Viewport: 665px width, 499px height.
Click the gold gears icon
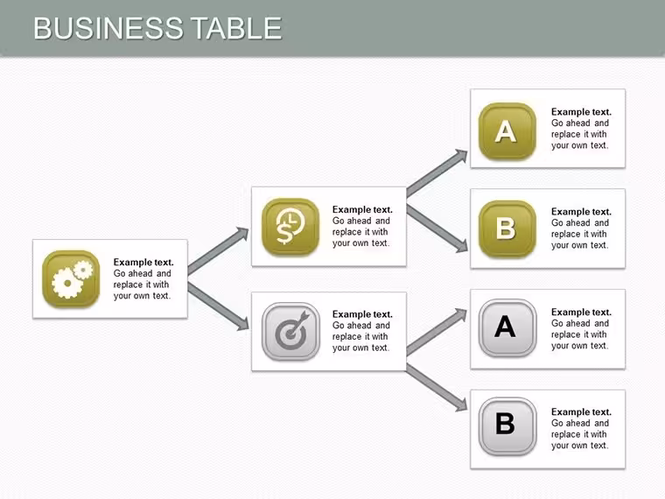pyautogui.click(x=71, y=278)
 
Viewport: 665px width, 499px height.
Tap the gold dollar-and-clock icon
pyautogui.click(x=290, y=227)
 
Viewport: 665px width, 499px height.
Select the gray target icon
pyautogui.click(x=290, y=332)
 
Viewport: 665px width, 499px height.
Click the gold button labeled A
pyautogui.click(x=507, y=131)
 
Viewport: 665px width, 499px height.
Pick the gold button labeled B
pyautogui.click(x=507, y=229)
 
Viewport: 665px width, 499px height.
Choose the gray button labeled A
pyautogui.click(x=507, y=327)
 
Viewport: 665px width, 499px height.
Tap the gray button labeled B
pyautogui.click(x=507, y=426)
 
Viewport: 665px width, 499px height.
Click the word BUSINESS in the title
pyautogui.click(x=108, y=28)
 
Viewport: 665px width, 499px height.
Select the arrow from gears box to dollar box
pyautogui.click(x=218, y=250)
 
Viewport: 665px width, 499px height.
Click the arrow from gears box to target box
pyautogui.click(x=218, y=306)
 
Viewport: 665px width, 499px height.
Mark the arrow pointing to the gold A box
pyautogui.click(x=437, y=172)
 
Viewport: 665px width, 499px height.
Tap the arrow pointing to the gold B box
pyautogui.click(x=437, y=228)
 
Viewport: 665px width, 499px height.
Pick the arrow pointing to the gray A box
pyautogui.click(x=437, y=332)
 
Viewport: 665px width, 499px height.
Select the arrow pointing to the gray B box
pyautogui.click(x=437, y=388)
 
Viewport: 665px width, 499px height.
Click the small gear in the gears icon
pyautogui.click(x=83, y=270)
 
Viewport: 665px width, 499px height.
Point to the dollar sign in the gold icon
pyautogui.click(x=284, y=233)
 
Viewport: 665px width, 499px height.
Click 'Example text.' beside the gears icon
pyautogui.click(x=143, y=263)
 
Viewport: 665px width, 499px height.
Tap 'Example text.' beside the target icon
pyautogui.click(x=362, y=314)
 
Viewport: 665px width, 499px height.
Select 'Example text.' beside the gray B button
pyautogui.click(x=581, y=412)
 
